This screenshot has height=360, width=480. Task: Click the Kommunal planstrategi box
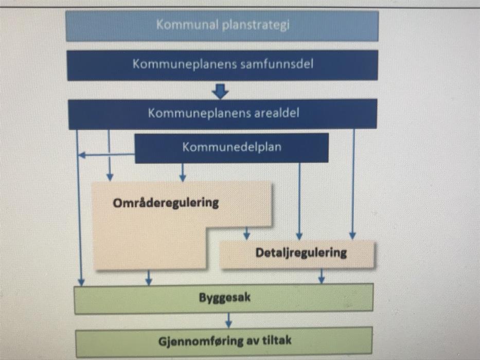pyautogui.click(x=222, y=26)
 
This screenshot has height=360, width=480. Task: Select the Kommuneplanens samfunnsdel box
pyautogui.click(x=222, y=65)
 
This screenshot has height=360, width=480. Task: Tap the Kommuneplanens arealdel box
pyautogui.click(x=222, y=113)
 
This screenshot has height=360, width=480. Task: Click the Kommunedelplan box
pyautogui.click(x=232, y=148)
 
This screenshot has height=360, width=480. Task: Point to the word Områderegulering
pyautogui.click(x=166, y=203)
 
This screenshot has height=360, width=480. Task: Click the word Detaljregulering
pyautogui.click(x=301, y=253)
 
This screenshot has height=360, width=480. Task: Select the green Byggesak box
pyautogui.click(x=224, y=298)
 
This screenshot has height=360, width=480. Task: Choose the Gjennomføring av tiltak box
pyautogui.click(x=224, y=340)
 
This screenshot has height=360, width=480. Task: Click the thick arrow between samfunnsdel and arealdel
pyautogui.click(x=220, y=92)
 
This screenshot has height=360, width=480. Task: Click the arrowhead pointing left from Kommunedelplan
pyautogui.click(x=81, y=155)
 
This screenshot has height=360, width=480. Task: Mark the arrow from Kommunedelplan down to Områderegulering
pyautogui.click(x=182, y=172)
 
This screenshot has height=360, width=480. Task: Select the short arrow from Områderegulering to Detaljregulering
pyautogui.click(x=246, y=233)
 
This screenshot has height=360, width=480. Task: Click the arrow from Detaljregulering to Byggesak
pyautogui.click(x=321, y=276)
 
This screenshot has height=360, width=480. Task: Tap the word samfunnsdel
pyautogui.click(x=277, y=65)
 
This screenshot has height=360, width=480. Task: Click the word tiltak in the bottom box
pyautogui.click(x=278, y=340)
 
